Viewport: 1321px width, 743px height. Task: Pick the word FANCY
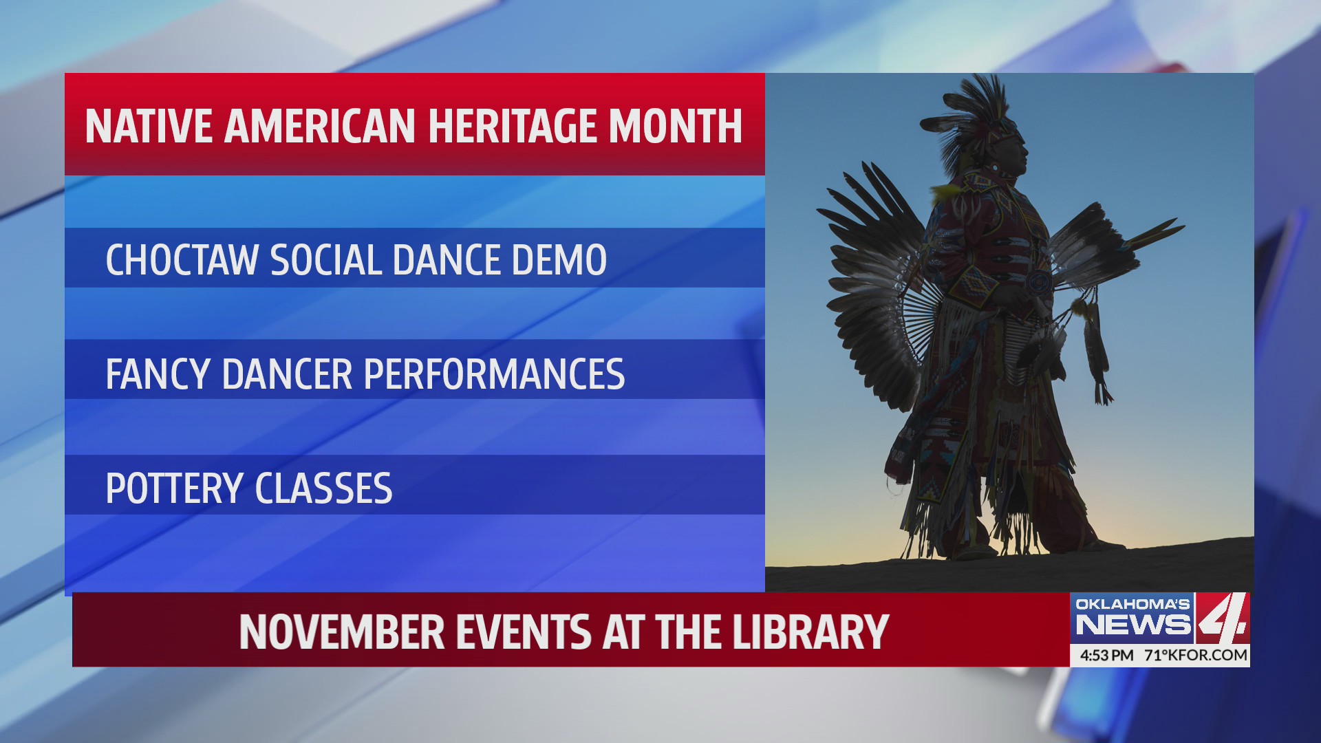click(x=158, y=374)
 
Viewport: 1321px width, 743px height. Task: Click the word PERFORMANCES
click(x=493, y=374)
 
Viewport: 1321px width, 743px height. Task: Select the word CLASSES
click(x=323, y=488)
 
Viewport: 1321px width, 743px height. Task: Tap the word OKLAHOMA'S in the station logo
click(x=1132, y=604)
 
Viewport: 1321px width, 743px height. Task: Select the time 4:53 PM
click(x=1106, y=655)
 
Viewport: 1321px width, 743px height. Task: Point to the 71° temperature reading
click(x=1156, y=655)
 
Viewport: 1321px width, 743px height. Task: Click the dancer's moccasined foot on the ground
click(x=974, y=551)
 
